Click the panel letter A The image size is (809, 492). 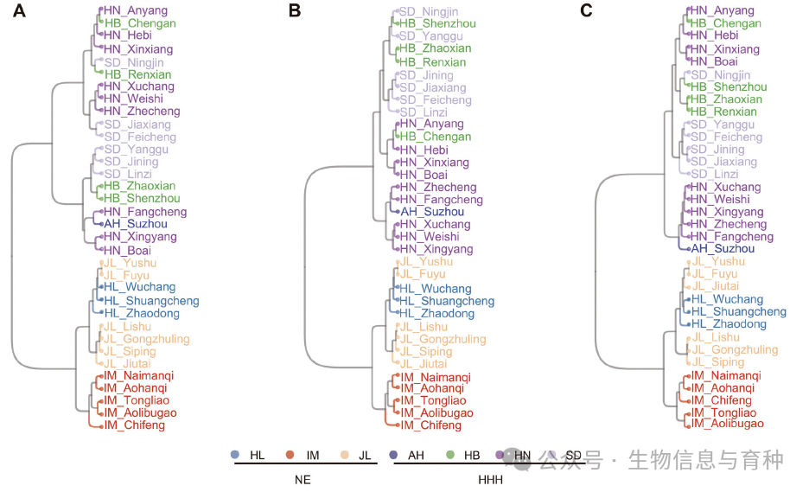tap(19, 11)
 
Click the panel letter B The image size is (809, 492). tap(295, 11)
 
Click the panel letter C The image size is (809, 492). tap(588, 11)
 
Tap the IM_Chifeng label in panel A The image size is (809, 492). tap(134, 425)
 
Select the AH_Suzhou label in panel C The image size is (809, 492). tap(723, 249)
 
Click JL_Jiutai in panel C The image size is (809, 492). tap(718, 286)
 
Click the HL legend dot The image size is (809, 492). tap(235, 455)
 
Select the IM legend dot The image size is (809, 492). tap(290, 455)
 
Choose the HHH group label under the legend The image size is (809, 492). tap(490, 478)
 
